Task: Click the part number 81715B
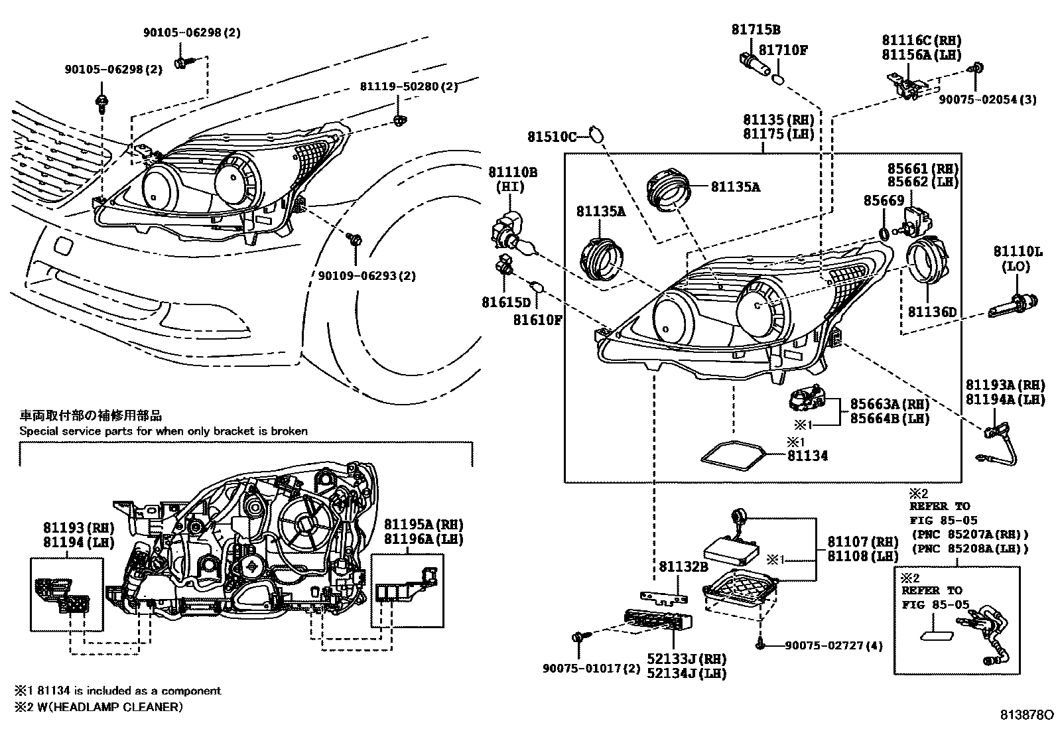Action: [x=756, y=30]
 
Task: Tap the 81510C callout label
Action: [x=552, y=137]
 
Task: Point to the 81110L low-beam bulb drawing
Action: [x=1013, y=304]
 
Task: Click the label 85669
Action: [x=884, y=201]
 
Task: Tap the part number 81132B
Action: [x=684, y=566]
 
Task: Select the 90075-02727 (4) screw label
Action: [x=834, y=645]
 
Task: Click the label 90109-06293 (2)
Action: [x=367, y=276]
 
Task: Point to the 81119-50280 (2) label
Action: [x=409, y=87]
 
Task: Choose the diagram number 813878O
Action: [x=1027, y=715]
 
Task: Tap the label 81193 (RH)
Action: [x=79, y=527]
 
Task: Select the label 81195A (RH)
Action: [x=423, y=524]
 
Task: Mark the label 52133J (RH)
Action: [x=687, y=659]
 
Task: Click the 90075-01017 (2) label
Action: [x=591, y=668]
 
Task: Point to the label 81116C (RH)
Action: [x=921, y=40]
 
